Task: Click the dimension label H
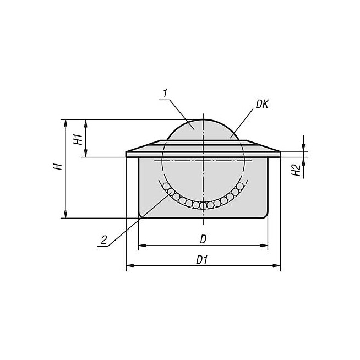pyautogui.click(x=58, y=166)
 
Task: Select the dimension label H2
pyautogui.click(x=296, y=170)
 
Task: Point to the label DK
pyautogui.click(x=261, y=105)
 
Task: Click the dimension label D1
pyautogui.click(x=202, y=260)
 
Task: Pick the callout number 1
pyautogui.click(x=165, y=94)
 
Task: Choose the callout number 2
pyautogui.click(x=104, y=240)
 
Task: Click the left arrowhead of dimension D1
pyautogui.click(x=130, y=266)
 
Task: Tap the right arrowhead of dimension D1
pyautogui.click(x=276, y=266)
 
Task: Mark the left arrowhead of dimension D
pyautogui.click(x=143, y=246)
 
